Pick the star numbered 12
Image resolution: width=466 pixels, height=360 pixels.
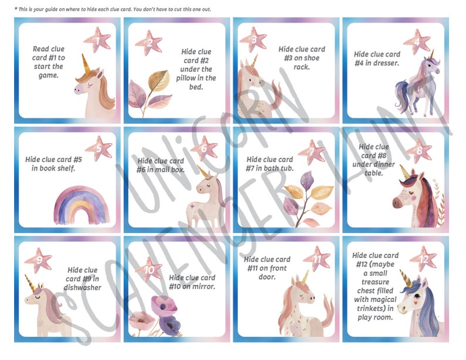(x=423, y=258)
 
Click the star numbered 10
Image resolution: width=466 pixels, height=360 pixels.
(x=149, y=270)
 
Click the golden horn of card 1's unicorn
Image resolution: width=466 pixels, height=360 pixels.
(x=86, y=64)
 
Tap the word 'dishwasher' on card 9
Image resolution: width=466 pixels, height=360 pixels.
(x=83, y=288)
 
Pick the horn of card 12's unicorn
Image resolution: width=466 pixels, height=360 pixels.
(x=405, y=279)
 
